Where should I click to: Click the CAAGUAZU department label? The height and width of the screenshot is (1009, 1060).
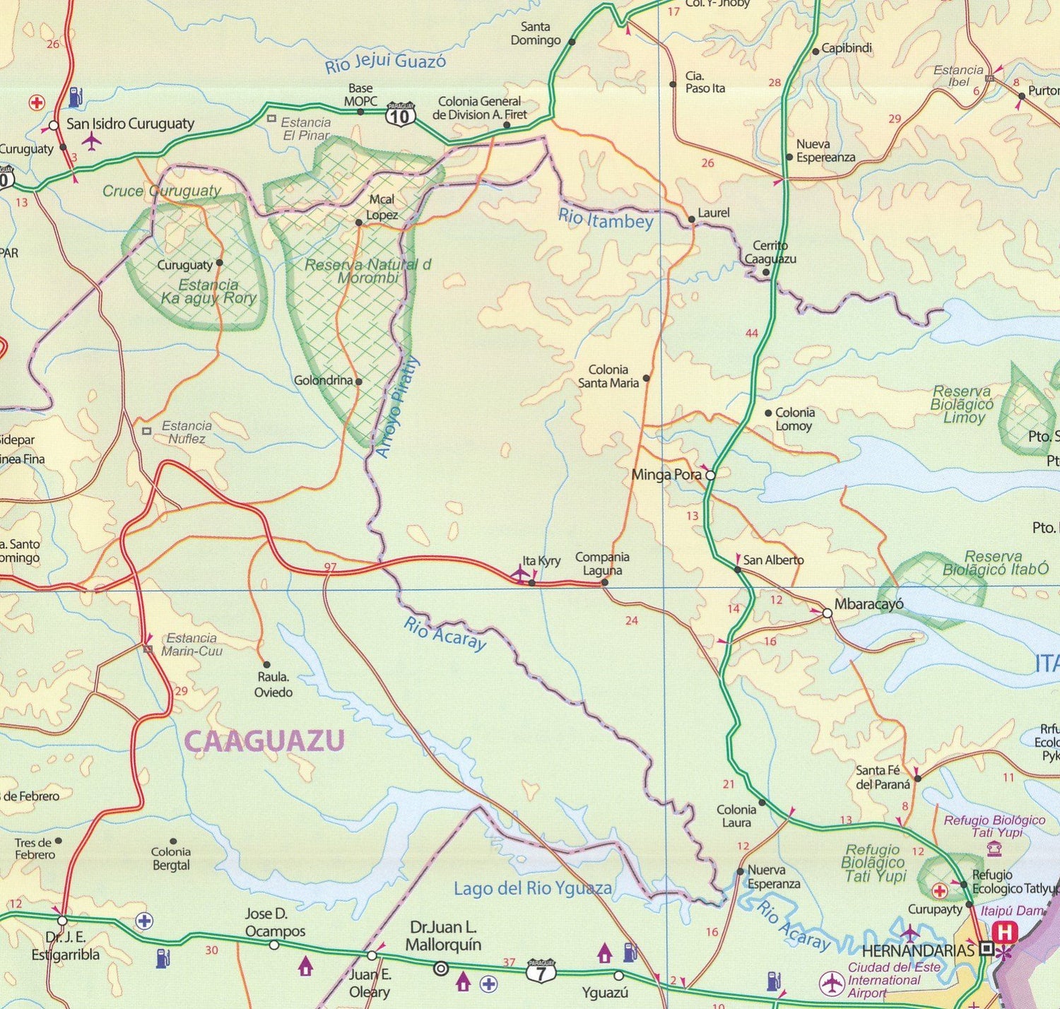tap(264, 740)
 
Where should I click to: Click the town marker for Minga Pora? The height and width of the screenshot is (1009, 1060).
tap(710, 476)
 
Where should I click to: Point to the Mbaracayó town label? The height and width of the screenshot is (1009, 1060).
tap(868, 604)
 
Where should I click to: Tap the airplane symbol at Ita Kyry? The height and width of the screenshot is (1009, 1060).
tap(519, 572)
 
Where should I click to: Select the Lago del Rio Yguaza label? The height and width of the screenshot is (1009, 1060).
tap(533, 888)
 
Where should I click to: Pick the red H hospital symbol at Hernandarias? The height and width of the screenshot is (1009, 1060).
tap(1005, 933)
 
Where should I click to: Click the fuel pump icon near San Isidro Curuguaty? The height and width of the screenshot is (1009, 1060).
tap(76, 96)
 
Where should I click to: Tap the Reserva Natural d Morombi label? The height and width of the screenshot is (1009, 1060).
tap(367, 271)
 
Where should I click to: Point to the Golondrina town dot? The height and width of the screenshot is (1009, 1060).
tap(358, 382)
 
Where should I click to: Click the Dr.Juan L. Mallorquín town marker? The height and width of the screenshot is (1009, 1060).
tap(441, 968)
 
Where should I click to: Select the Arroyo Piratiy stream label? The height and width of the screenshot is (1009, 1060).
tap(397, 408)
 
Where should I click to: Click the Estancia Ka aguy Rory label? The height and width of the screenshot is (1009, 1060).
tap(208, 291)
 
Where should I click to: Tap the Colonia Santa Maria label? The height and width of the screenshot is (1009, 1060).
tap(608, 376)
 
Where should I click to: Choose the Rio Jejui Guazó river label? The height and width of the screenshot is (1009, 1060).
tap(385, 63)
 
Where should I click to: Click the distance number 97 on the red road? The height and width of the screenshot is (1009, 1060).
tap(330, 567)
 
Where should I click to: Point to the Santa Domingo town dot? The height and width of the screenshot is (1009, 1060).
tap(572, 42)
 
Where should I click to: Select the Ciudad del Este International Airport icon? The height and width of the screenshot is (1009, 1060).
tap(832, 983)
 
